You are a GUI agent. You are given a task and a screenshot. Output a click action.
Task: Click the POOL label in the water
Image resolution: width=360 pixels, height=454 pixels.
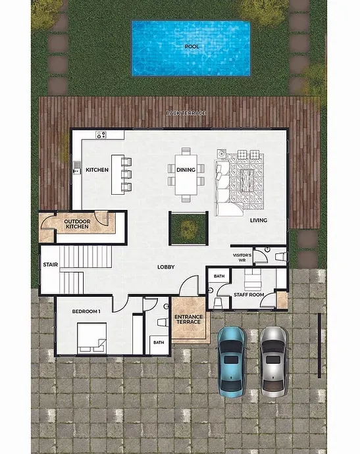coord(192,47)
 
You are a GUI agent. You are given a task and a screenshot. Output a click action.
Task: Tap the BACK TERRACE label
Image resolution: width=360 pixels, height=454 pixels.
coord(186,113)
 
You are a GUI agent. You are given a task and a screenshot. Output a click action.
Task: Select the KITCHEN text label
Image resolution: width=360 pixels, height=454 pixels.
coord(97,170)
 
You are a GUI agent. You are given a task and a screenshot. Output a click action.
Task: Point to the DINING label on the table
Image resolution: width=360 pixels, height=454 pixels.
coord(186,170)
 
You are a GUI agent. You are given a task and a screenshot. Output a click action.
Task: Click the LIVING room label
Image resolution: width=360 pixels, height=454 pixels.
coord(259,220)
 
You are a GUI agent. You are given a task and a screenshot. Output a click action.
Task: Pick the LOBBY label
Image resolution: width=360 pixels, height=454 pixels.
coord(166,267)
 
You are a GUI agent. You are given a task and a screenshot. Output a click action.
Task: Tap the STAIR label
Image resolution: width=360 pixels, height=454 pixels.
coord(51,265)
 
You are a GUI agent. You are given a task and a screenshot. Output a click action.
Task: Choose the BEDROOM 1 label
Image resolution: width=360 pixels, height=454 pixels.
coord(86,311)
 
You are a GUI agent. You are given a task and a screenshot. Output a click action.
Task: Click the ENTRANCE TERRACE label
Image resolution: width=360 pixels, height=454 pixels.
coord(188,319)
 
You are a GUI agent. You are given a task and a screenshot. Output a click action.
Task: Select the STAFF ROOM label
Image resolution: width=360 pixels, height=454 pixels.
coord(249,295)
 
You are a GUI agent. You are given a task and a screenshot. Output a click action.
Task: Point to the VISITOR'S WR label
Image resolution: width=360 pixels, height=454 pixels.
coord(242,258)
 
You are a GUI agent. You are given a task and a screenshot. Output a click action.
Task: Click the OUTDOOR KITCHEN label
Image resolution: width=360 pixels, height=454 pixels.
coord(77,224)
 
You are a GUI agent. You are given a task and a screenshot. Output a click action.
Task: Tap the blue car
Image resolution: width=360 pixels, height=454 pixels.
coord(231,362)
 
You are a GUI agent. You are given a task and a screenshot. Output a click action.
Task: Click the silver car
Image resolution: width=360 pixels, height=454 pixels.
coord(273,362)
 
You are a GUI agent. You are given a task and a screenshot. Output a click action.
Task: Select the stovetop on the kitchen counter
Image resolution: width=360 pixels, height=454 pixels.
coord(101,135)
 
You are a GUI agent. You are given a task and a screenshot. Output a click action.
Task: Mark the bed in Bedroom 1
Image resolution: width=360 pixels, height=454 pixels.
coord(91,338)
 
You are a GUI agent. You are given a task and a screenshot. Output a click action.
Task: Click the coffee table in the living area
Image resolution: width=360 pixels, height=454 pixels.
coord(246,180)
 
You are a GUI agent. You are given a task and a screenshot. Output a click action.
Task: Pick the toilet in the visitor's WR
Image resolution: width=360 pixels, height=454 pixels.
coord(281,257)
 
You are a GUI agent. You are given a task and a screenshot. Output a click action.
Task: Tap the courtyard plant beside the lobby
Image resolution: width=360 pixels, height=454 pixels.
coord(188,228)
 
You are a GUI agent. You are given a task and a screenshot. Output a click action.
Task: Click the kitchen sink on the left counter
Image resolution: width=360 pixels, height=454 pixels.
coord(77,168)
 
